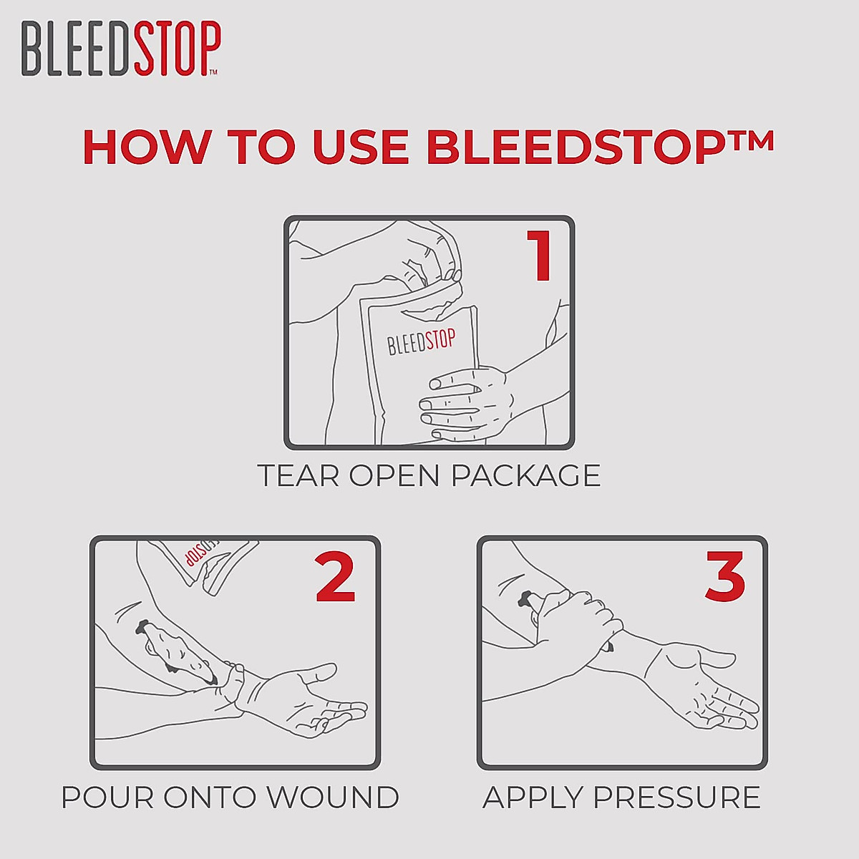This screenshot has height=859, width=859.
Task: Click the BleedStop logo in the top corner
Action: coord(120,49)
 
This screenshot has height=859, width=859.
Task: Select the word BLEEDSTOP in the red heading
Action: coord(571,147)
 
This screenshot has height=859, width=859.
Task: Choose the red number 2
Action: coord(335,577)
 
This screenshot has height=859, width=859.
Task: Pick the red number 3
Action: coord(725,577)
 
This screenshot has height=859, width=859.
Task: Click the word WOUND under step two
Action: coord(344,797)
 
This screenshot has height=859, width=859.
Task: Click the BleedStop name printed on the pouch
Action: coord(421,342)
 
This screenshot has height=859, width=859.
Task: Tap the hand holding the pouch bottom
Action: coord(465,401)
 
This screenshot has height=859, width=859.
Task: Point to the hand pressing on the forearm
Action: coord(576,619)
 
